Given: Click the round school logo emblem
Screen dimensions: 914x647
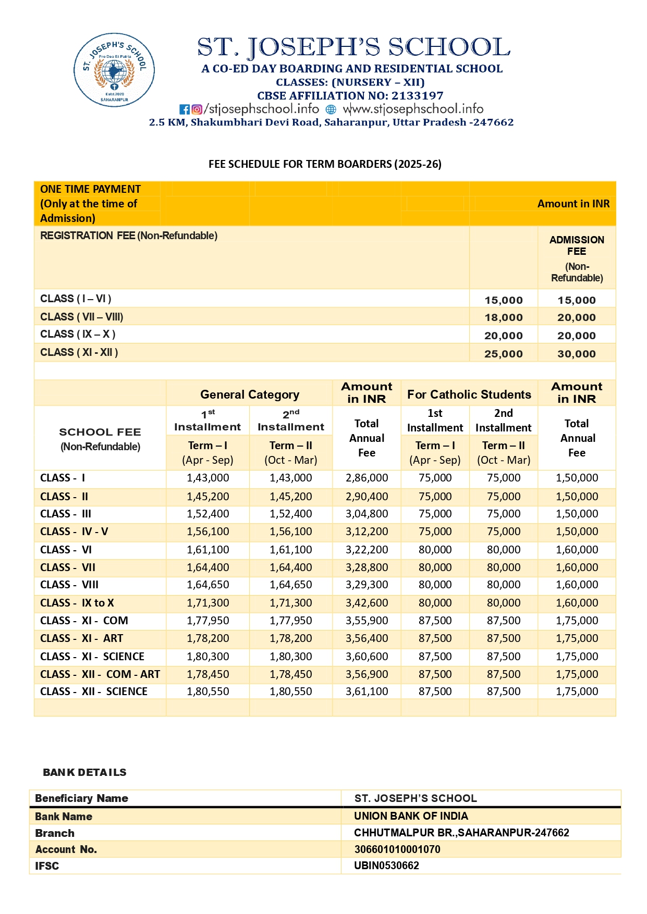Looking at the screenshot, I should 114,70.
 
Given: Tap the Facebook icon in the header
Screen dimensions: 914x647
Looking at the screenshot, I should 185,109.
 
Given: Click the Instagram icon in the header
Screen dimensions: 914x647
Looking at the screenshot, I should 197,109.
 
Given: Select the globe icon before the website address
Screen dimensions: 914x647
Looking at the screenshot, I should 331,109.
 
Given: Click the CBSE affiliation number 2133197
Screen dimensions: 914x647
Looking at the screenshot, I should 417,96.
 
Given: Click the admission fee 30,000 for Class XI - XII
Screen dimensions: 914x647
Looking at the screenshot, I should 576,354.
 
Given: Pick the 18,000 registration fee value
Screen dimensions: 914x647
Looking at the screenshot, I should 503,317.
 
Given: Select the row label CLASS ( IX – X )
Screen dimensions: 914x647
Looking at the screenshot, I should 78,334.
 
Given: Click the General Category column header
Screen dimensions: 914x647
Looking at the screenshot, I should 249,394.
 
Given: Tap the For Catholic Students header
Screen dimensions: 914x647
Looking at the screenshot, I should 469,394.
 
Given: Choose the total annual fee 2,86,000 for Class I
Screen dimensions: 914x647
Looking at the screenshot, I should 367,478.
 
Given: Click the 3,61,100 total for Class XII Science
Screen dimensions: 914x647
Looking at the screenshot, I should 367,691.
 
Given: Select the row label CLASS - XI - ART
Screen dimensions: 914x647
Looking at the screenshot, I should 82,638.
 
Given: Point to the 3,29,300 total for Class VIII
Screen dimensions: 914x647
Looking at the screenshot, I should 367,585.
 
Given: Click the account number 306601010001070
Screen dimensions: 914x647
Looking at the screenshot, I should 397,849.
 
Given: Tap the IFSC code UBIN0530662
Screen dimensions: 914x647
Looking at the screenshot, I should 386,866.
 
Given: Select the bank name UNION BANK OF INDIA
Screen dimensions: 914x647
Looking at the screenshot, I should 411,816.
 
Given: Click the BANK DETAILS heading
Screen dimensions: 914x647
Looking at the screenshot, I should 84,772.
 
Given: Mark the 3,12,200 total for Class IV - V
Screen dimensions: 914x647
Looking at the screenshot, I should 367,532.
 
